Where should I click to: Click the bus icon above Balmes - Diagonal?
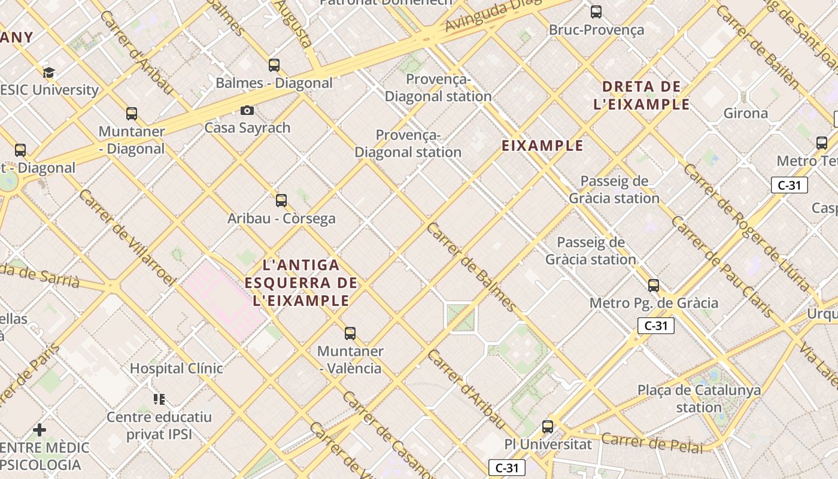[274, 65]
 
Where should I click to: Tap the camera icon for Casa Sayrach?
[247, 110]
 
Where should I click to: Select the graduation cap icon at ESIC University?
[48, 73]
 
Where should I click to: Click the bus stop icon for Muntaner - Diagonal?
[132, 113]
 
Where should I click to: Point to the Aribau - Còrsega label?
[281, 219]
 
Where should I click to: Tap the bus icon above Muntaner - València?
[350, 333]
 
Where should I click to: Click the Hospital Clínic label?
[177, 368]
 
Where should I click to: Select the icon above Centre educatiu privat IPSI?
[159, 399]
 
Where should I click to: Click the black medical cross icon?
[40, 430]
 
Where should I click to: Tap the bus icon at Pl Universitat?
[548, 427]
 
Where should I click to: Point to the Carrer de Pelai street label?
[652, 443]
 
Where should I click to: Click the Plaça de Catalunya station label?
[699, 399]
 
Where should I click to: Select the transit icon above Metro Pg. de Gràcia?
[654, 285]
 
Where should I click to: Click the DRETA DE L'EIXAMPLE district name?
[642, 95]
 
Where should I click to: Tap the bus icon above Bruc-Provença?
[596, 11]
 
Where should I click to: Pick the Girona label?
[746, 113]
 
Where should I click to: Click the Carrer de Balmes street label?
[471, 267]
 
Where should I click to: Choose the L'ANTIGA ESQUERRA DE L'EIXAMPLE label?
[302, 283]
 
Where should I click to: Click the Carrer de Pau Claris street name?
[722, 266]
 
